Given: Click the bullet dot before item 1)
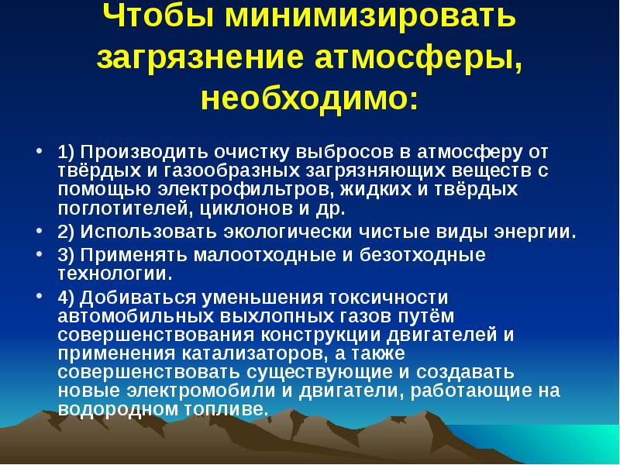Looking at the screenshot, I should click(40, 146).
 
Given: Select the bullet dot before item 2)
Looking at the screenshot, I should click(40, 230).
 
